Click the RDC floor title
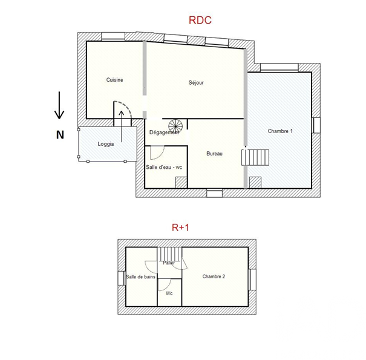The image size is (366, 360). (x=200, y=20)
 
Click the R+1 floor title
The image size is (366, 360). (x=180, y=227)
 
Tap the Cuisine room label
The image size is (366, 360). (x=114, y=80)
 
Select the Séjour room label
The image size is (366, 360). (x=196, y=83)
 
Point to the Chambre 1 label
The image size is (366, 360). (x=280, y=131)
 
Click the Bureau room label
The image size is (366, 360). (x=215, y=154)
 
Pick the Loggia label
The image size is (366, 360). (x=106, y=144)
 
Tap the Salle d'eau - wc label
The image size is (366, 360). (x=164, y=167)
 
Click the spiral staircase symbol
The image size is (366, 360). (x=175, y=126)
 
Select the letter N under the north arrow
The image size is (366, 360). (x=60, y=135)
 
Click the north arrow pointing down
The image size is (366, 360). (x=59, y=105)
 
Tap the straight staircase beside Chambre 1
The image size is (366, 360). (x=255, y=157)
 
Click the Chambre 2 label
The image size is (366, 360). (x=214, y=277)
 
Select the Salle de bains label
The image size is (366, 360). (x=140, y=277)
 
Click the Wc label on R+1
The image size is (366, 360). (x=169, y=293)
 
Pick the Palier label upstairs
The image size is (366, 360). (x=169, y=263)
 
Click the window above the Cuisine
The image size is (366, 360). (x=113, y=36)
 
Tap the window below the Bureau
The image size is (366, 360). (x=215, y=193)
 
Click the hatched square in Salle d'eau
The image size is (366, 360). (x=181, y=183)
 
